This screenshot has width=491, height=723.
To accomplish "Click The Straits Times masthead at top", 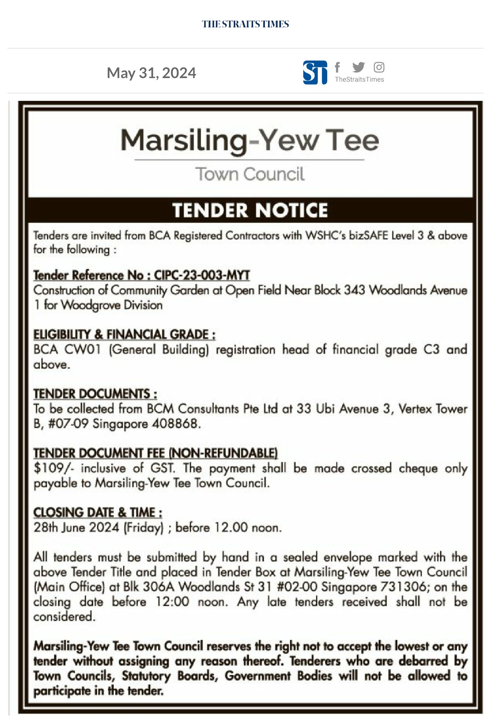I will (245, 24).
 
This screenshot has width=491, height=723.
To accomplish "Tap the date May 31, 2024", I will (151, 73).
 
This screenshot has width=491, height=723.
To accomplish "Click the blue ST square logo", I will (315, 73).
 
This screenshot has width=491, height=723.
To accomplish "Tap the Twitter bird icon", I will (359, 67).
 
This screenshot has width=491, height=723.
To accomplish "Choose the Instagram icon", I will (379, 67).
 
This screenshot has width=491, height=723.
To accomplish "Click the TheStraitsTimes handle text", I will (359, 80).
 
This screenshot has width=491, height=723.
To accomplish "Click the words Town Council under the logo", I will (250, 174).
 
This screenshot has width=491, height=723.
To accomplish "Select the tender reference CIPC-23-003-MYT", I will (202, 275).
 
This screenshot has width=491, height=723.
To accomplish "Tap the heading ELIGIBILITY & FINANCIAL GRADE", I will (124, 334).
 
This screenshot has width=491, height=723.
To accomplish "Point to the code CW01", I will (82, 350).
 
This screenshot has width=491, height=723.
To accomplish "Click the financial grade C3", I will (431, 350).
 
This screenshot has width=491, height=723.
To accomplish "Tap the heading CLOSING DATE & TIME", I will (98, 512).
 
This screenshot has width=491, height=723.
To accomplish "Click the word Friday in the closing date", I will (143, 527).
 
